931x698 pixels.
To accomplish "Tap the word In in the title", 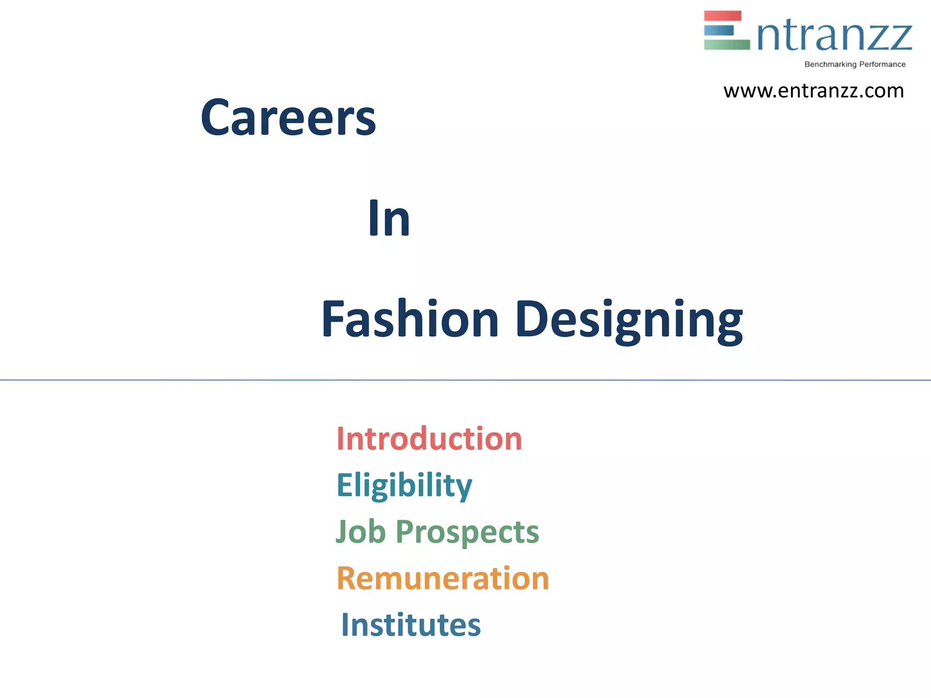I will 389,219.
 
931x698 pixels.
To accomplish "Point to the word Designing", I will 629,320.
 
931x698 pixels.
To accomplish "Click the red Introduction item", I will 429,439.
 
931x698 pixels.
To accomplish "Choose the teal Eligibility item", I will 404,485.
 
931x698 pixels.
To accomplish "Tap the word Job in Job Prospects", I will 360,531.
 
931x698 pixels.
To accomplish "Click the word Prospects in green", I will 467,532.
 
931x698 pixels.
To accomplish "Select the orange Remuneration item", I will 443,578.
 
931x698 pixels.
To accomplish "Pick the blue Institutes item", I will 410,625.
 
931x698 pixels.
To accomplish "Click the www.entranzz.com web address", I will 813,91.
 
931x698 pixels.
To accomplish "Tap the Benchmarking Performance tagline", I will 855,65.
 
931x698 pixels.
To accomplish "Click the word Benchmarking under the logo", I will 830,65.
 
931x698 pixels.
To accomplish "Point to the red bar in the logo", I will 722,16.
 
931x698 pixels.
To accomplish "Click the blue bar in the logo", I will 719,30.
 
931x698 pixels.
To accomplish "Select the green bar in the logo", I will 726,45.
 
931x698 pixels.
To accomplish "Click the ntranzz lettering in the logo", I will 835,36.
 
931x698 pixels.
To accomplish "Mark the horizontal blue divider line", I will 465,380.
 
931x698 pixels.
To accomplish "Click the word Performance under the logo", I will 882,65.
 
